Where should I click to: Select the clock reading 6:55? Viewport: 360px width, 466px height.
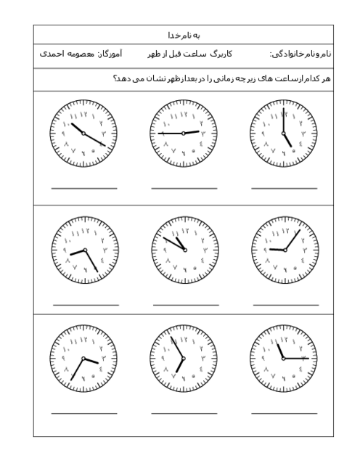coord(184,359)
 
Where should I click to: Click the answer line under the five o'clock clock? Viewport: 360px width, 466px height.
coord(284,188)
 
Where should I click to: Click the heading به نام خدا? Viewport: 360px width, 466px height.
coord(183,35)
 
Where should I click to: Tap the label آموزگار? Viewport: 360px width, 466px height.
coord(110,54)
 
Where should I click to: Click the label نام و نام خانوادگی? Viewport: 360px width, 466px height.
coord(300,54)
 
